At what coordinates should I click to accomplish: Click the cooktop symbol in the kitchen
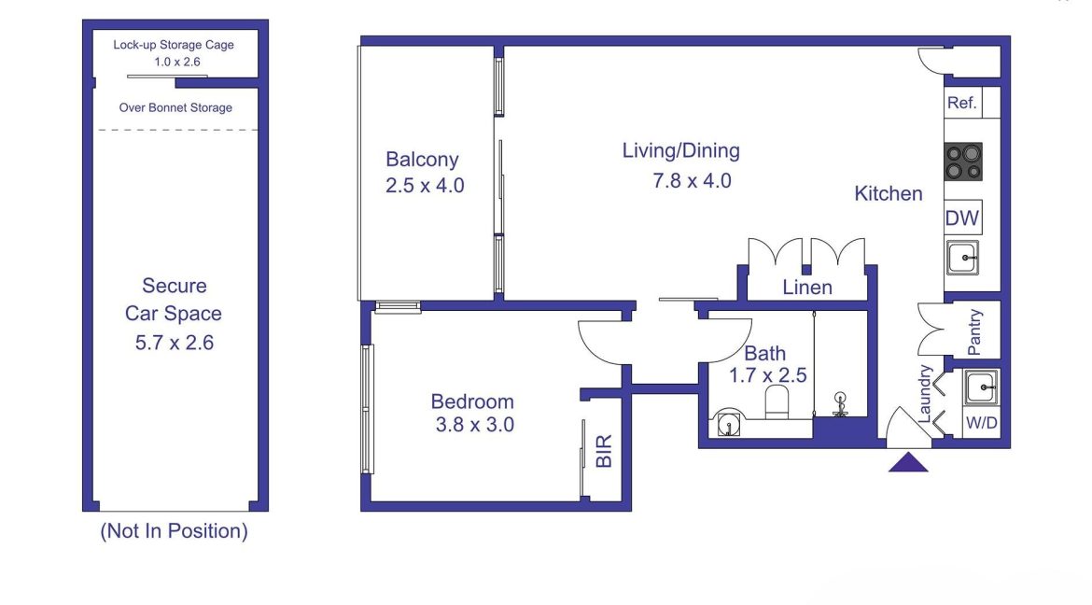point(963,161)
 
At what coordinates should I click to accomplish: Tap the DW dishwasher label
point(961,218)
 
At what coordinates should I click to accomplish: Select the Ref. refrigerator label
point(961,103)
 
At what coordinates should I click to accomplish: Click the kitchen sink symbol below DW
point(962,257)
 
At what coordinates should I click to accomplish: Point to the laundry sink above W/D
point(981,387)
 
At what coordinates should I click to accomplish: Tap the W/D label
point(981,422)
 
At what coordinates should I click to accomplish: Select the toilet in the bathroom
point(777,402)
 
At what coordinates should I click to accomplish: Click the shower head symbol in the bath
point(841,404)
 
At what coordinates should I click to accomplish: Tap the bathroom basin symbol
point(728,423)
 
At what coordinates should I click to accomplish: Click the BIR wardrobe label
point(604,450)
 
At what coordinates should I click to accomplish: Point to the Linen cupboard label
point(807,288)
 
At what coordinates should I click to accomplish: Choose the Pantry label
point(974,331)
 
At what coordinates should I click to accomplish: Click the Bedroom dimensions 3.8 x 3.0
point(475,425)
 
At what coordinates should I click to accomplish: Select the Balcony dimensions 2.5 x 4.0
point(425,186)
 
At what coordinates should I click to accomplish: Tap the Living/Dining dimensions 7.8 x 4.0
point(692,181)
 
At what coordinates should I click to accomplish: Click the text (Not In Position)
point(175,531)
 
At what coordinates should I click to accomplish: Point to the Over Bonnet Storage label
point(175,107)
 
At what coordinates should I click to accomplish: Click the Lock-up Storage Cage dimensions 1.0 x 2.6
point(177,62)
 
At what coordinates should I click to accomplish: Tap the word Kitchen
point(889,194)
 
